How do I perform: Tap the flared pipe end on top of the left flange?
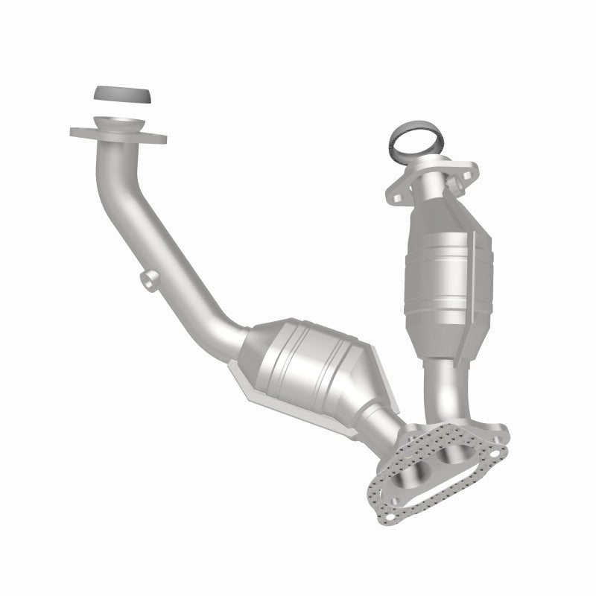point(118,124)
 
